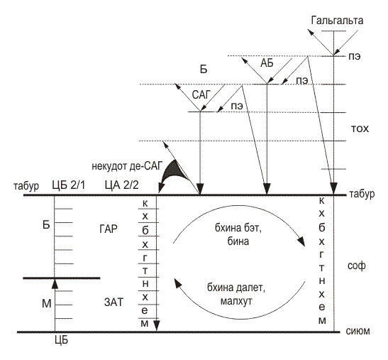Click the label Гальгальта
point(337,21)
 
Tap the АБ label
point(267,63)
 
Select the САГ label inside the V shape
point(201,95)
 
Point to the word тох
point(360,129)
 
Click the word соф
point(357,266)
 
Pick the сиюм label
point(357,331)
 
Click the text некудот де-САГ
point(127,166)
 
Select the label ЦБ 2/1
point(69,185)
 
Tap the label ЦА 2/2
point(122,185)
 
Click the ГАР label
point(109,229)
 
